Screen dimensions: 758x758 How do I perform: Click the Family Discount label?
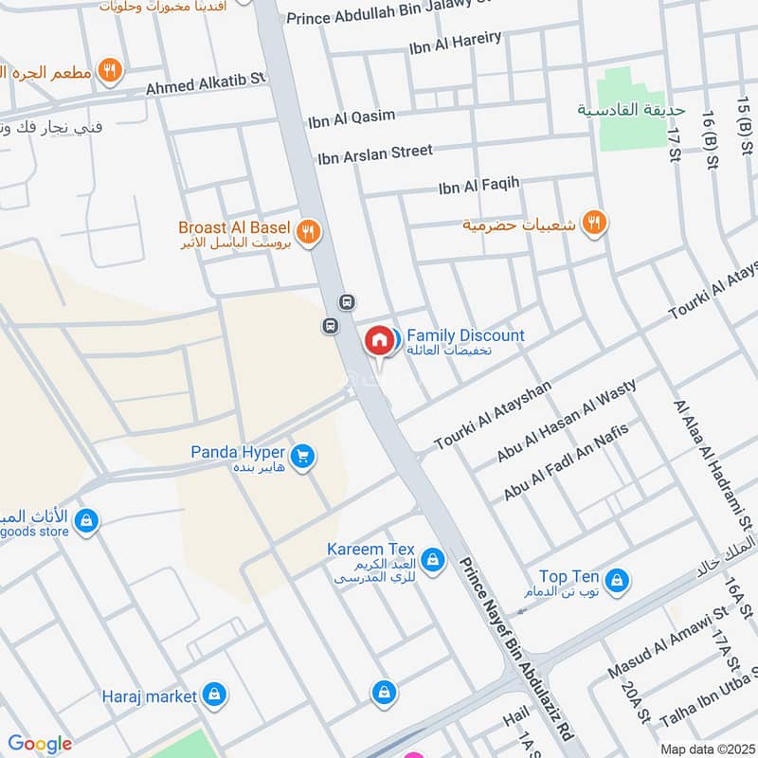pyautogui.click(x=464, y=336)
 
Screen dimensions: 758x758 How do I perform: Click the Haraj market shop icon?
pyautogui.click(x=215, y=696)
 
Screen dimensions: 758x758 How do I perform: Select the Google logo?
pyautogui.click(x=40, y=744)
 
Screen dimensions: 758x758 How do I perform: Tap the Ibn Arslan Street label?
pyautogui.click(x=375, y=153)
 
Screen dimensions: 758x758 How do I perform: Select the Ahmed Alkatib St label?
pyautogui.click(x=208, y=84)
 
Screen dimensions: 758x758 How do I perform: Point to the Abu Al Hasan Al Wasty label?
pyautogui.click(x=566, y=421)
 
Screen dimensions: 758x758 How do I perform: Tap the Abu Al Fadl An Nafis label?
pyautogui.click(x=566, y=461)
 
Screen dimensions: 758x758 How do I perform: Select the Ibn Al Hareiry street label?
pyautogui.click(x=456, y=45)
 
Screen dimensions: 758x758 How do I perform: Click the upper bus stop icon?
pyautogui.click(x=348, y=302)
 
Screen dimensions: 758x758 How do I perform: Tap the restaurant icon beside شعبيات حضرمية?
pyautogui.click(x=594, y=224)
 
